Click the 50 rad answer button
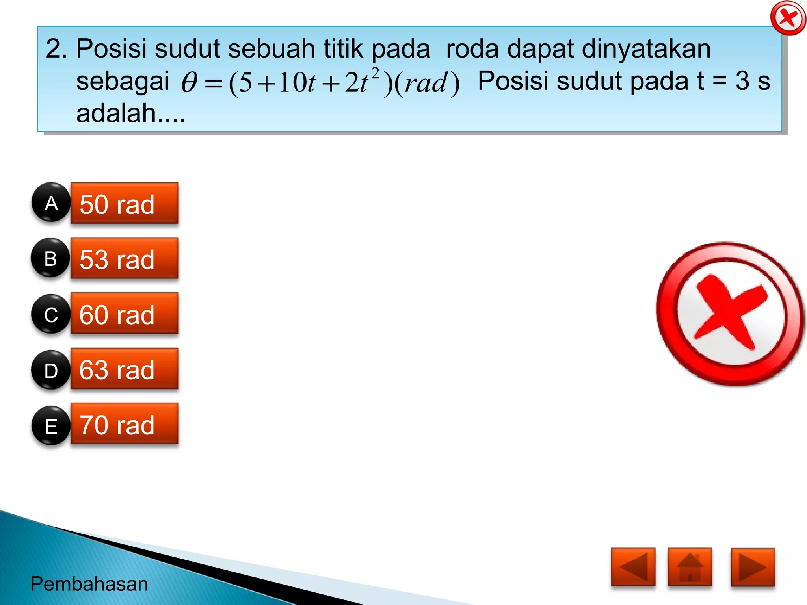[x=124, y=203]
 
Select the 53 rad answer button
[x=124, y=258]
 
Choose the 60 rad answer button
[x=124, y=314]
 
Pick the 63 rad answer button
[x=124, y=369]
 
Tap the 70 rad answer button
[x=124, y=424]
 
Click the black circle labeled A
[x=51, y=202]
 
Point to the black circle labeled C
[x=51, y=314]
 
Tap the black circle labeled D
[x=51, y=370]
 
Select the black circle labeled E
[x=51, y=426]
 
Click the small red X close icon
[x=788, y=18]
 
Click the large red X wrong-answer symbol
[x=730, y=314]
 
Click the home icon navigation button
[x=690, y=567]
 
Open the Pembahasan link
[x=89, y=584]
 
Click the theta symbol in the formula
[x=189, y=83]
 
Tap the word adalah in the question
[x=116, y=113]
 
